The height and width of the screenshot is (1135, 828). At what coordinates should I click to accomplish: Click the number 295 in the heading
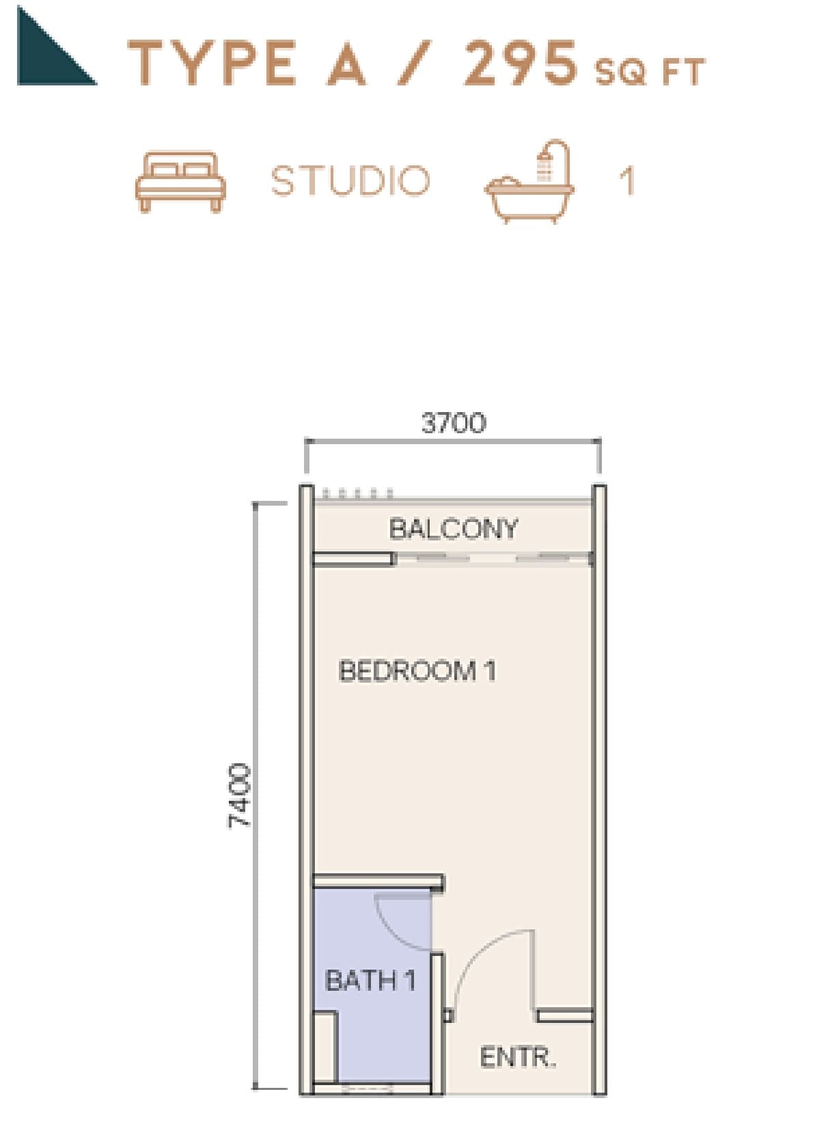pyautogui.click(x=521, y=64)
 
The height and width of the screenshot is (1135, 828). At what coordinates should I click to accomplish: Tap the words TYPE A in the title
pyautogui.click(x=246, y=63)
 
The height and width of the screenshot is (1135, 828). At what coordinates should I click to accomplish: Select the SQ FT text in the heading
pyautogui.click(x=650, y=72)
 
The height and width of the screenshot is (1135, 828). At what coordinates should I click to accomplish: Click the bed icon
pyautogui.click(x=180, y=181)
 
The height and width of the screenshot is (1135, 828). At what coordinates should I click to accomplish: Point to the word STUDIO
pyautogui.click(x=350, y=180)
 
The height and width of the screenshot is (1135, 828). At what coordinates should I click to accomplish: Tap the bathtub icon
pyautogui.click(x=530, y=181)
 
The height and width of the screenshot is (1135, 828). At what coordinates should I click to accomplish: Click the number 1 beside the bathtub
pyautogui.click(x=627, y=180)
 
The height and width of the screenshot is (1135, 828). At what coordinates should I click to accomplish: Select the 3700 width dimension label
pyautogui.click(x=454, y=422)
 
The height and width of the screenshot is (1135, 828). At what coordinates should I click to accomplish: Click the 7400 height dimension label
pyautogui.click(x=238, y=795)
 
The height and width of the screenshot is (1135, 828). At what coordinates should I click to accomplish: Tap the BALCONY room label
pyautogui.click(x=454, y=528)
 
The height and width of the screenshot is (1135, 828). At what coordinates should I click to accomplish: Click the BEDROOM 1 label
pyautogui.click(x=417, y=671)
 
